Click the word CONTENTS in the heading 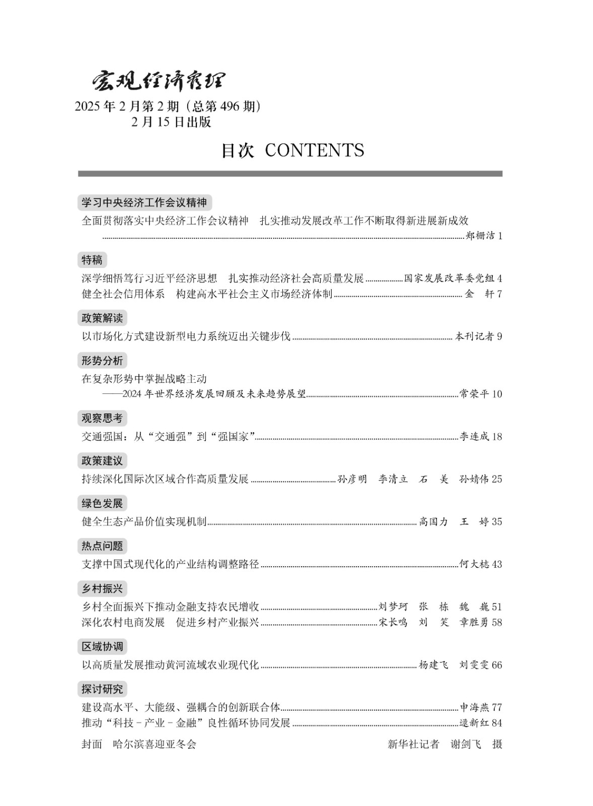coord(314,150)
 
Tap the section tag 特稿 coord(92,260)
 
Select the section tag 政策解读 coord(102,318)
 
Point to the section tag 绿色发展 coord(102,503)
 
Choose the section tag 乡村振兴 coord(102,588)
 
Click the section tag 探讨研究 coord(102,689)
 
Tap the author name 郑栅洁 coord(481,236)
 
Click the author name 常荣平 coord(474,394)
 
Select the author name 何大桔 coord(474,564)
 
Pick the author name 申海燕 coord(474,707)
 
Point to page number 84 coord(497,723)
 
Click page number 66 coord(497,665)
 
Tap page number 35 coord(497,521)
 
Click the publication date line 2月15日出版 coord(171,122)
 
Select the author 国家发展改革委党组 coord(450,279)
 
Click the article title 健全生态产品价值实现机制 coord(144,521)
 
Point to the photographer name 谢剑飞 coord(466,744)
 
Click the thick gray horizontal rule coord(290,174)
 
